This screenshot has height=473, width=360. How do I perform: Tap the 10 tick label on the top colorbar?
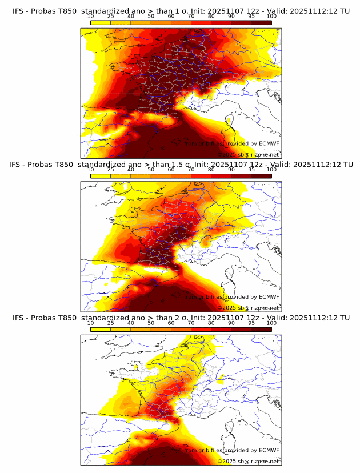90,16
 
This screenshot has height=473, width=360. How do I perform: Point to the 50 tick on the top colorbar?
151,16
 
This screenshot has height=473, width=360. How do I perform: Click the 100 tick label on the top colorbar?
271,16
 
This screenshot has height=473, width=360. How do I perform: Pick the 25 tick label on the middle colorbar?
110,170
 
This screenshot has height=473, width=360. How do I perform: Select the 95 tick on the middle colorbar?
251,170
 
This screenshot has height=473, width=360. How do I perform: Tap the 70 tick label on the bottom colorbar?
191,323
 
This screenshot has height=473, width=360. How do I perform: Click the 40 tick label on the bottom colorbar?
131,323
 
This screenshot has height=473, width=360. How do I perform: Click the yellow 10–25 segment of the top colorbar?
100,22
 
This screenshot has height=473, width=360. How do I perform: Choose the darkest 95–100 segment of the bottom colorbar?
261,329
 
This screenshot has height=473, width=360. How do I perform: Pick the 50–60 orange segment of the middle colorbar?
161,175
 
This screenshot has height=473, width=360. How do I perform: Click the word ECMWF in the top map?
269,144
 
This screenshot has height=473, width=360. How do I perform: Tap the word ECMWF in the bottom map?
269,451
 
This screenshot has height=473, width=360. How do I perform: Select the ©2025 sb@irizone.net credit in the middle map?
248,308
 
